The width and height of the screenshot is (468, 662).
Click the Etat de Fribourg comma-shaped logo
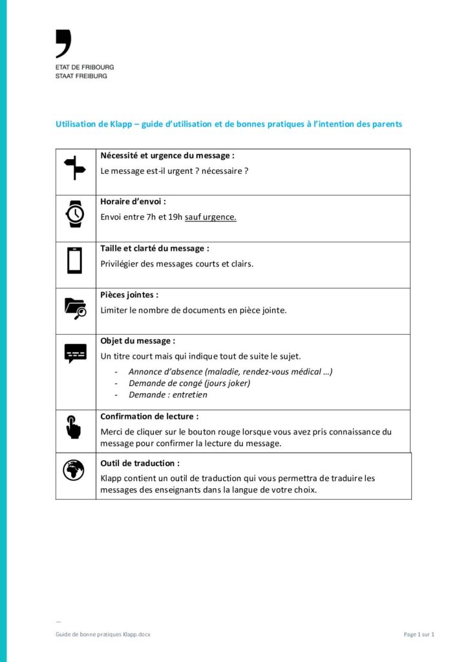63,43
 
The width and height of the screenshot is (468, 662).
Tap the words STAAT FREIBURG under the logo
81,76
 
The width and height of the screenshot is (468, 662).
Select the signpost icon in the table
75,168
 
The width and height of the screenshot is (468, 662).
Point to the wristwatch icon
75,214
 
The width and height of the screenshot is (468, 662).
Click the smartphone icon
75,261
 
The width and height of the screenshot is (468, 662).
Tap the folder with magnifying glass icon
75,307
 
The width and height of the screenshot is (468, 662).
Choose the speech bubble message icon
75,353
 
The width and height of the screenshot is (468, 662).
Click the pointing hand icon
74,427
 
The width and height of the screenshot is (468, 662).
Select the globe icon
74,470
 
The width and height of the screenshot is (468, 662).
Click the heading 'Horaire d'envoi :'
133,202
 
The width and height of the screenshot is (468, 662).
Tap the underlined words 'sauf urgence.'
211,217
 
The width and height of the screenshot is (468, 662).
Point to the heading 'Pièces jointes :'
129,295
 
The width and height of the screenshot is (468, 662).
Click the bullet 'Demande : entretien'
168,394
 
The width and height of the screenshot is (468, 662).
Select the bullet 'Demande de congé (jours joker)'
189,383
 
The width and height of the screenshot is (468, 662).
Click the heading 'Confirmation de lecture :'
149,416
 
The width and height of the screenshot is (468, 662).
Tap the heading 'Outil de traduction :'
140,463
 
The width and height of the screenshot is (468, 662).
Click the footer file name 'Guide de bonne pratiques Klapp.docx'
103,634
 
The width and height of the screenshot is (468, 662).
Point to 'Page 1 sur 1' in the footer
419,634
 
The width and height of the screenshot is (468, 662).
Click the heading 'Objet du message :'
137,341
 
